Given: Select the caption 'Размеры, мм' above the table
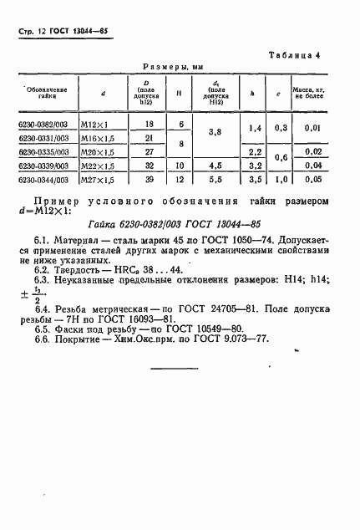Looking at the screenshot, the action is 173,66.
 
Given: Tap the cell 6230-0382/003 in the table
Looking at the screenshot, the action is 43,124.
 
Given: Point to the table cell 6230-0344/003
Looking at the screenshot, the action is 43,180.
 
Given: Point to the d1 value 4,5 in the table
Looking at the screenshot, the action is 215,166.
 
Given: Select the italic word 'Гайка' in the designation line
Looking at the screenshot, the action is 103,225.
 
